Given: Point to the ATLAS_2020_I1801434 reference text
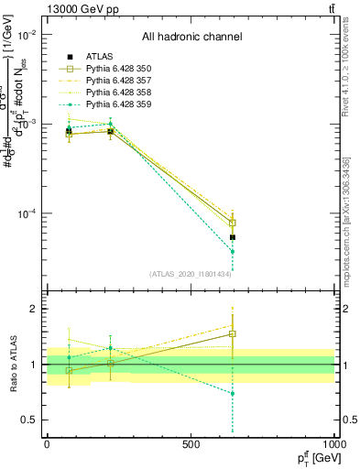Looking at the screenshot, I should [x=191, y=273].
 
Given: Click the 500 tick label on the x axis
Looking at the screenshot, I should [x=191, y=444].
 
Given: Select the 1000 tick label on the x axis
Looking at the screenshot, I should [x=333, y=444].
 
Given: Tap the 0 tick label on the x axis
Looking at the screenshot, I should [x=47, y=444].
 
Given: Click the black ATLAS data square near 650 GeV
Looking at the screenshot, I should [x=233, y=237].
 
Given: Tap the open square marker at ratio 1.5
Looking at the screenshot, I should [x=233, y=334].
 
